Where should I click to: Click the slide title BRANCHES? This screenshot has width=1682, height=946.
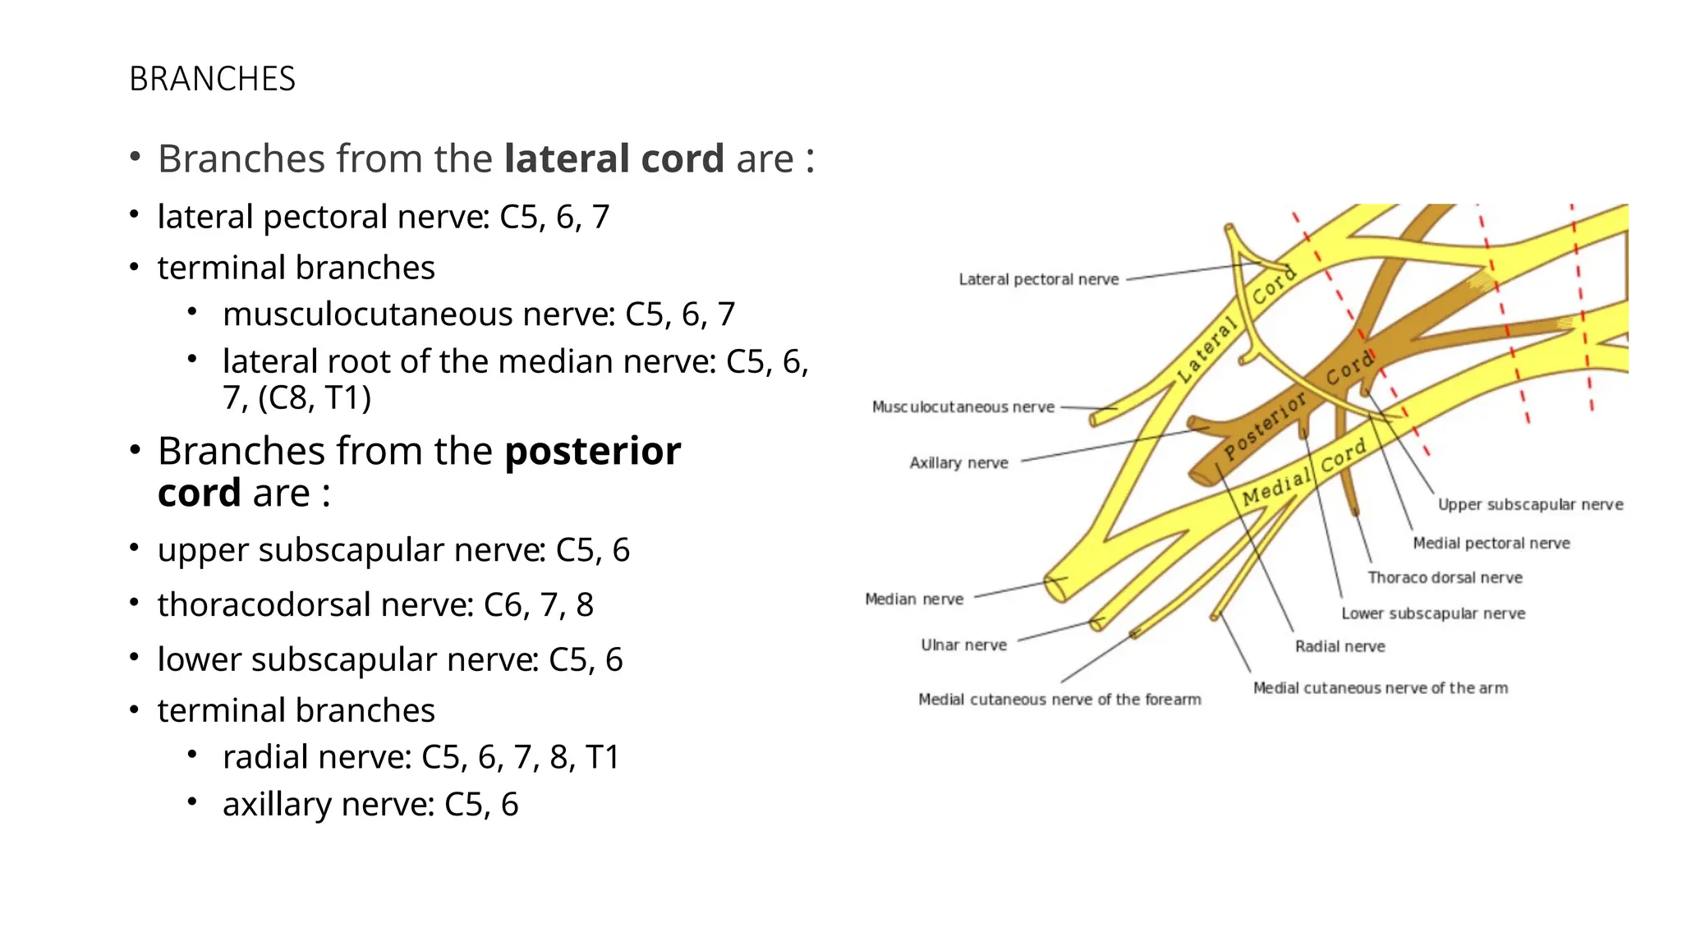coord(212,79)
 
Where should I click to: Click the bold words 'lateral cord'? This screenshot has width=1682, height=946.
coord(614,158)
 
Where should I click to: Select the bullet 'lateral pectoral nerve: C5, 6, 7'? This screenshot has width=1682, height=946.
coord(383,217)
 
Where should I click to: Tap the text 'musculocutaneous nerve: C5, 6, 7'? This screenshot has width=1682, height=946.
coord(478,315)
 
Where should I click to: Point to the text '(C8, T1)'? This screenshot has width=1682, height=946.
coord(315,398)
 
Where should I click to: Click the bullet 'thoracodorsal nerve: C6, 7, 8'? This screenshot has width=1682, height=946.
coord(375,605)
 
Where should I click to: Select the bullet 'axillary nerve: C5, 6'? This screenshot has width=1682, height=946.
coord(370,805)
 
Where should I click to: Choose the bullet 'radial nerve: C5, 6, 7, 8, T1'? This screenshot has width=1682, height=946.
coord(420,757)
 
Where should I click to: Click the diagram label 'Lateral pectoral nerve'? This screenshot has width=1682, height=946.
coord(1038,280)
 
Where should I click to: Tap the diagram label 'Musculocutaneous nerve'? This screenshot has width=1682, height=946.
coord(963,407)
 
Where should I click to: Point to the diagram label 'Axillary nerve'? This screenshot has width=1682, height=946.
coord(958,463)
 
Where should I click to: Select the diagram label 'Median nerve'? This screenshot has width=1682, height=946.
coord(913,599)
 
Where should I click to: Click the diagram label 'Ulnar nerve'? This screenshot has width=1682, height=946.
coord(963,645)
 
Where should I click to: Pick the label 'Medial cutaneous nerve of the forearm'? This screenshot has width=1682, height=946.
coord(1059,700)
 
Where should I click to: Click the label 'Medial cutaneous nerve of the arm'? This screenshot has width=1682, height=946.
coord(1380,688)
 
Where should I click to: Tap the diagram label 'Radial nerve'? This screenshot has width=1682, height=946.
coord(1340,647)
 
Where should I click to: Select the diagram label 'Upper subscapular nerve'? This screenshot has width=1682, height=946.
coord(1530,505)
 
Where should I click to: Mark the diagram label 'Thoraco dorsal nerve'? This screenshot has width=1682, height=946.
coord(1445,578)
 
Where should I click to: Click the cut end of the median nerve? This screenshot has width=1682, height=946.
coord(1055,589)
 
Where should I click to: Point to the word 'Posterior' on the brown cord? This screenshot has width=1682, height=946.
coord(1265,425)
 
